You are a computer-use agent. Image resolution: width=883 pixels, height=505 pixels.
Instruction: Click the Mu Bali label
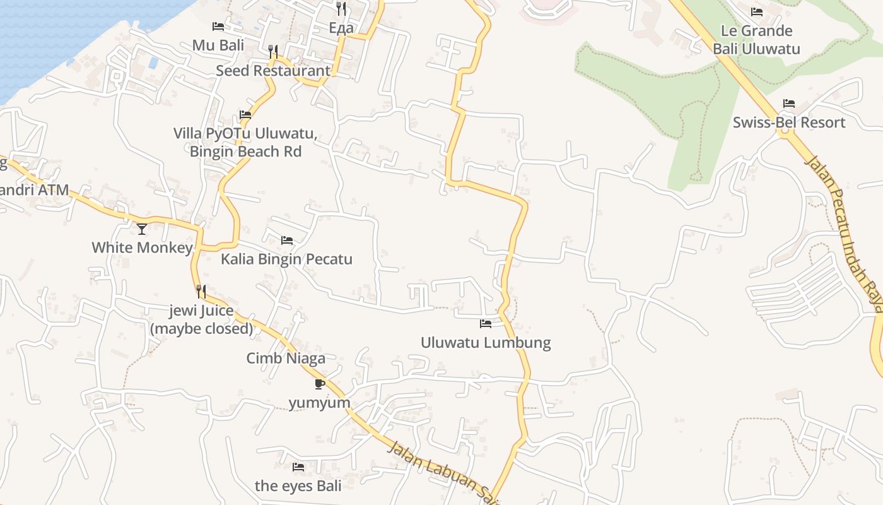point(218,45)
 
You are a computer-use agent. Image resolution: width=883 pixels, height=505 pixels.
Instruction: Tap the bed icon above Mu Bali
point(218,27)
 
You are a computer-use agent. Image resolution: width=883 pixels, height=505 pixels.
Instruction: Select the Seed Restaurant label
point(273,71)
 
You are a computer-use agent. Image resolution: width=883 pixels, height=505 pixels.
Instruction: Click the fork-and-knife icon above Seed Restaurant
point(273,52)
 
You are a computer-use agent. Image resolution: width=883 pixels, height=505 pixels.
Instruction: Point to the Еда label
point(341,28)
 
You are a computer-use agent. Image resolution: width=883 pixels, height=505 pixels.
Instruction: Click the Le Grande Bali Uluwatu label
point(756,40)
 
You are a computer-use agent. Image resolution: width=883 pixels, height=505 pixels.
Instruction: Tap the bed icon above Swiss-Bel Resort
point(788,104)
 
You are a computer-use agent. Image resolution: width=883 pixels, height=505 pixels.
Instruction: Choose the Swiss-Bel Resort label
point(788,122)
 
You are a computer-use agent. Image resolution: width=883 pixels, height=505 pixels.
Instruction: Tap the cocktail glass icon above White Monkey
point(142,229)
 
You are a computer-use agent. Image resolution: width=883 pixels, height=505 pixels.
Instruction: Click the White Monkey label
point(142,247)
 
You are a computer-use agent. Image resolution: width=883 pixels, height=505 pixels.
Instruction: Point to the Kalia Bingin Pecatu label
point(286,259)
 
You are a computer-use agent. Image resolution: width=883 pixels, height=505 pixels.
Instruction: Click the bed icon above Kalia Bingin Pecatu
point(287,241)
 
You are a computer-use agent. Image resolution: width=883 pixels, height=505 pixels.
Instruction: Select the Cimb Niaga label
point(286,359)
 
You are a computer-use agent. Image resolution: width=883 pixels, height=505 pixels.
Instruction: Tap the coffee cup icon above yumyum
point(319,384)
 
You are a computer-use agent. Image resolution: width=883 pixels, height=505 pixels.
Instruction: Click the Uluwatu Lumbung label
point(486,343)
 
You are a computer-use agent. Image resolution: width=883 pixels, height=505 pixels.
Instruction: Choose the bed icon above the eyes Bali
point(298,467)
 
